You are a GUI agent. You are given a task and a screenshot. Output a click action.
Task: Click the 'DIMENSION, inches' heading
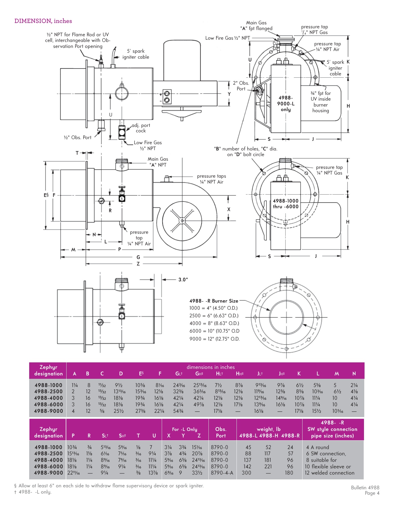(43, 21)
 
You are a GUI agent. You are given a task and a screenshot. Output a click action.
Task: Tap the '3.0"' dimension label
(183, 280)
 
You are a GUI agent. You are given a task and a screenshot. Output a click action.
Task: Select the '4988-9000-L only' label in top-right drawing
(286, 104)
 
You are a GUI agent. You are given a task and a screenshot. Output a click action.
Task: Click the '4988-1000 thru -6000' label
(286, 204)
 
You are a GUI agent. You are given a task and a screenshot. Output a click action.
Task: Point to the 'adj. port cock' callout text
(141, 128)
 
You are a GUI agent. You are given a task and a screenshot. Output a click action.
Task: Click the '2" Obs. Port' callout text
(241, 86)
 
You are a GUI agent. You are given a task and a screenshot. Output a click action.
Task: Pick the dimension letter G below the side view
(138, 257)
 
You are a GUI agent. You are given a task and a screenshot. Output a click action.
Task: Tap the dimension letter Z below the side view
(138, 264)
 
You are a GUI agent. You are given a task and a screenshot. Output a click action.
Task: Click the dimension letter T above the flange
(77, 153)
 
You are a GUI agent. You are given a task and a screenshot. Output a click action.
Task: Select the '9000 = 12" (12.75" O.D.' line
(214, 339)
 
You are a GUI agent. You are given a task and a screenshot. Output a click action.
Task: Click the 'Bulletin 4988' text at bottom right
(365, 488)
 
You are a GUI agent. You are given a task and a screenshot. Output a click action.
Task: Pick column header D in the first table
(121, 374)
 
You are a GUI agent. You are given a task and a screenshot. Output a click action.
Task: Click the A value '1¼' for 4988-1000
(74, 385)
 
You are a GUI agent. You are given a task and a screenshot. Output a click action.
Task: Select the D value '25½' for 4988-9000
(119, 411)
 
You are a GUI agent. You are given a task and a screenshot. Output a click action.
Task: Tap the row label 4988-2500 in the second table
(48, 454)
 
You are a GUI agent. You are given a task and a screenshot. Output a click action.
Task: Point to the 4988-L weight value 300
(246, 473)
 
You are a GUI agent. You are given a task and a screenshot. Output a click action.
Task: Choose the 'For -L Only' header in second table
(184, 429)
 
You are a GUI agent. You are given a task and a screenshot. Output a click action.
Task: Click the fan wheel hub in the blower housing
(182, 221)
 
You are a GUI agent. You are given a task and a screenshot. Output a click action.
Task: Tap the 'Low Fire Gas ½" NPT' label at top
(227, 38)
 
